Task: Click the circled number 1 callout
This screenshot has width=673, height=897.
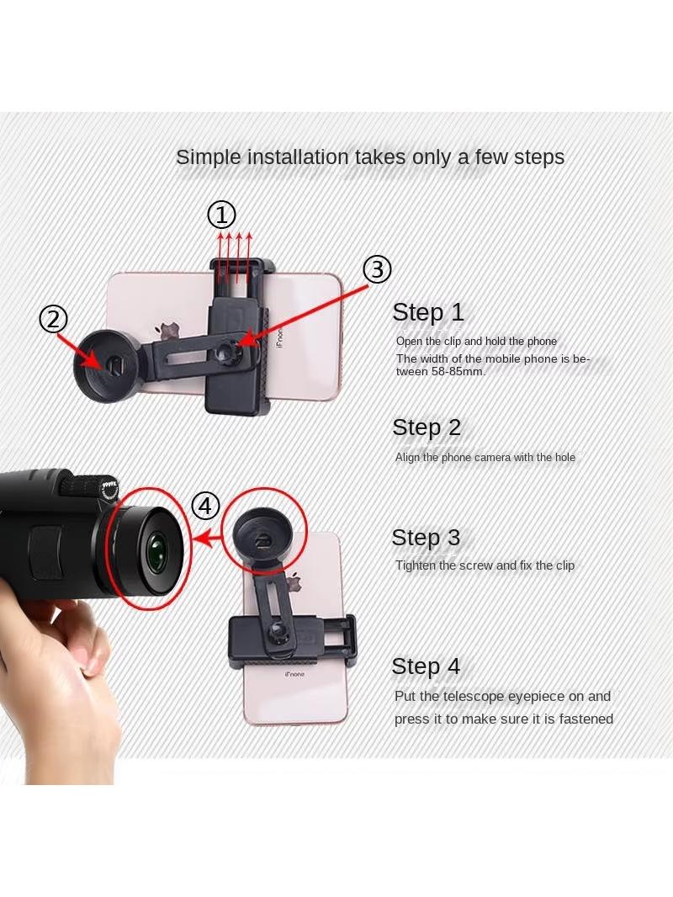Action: (x=221, y=215)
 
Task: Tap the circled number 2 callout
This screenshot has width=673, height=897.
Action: (x=53, y=319)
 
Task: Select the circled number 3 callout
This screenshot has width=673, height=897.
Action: (x=377, y=269)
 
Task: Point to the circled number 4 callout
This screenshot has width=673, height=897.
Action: (x=205, y=506)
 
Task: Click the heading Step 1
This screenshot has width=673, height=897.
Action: (x=427, y=312)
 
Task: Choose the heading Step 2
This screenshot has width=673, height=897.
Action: (x=427, y=427)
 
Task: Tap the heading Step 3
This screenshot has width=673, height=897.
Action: (x=426, y=538)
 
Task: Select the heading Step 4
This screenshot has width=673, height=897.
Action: (x=426, y=666)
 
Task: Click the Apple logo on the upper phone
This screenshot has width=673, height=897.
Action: (x=169, y=331)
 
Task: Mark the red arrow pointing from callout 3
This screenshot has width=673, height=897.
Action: (x=303, y=315)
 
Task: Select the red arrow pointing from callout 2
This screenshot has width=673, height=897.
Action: (x=79, y=350)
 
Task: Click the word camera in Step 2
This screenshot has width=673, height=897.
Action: (x=497, y=458)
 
